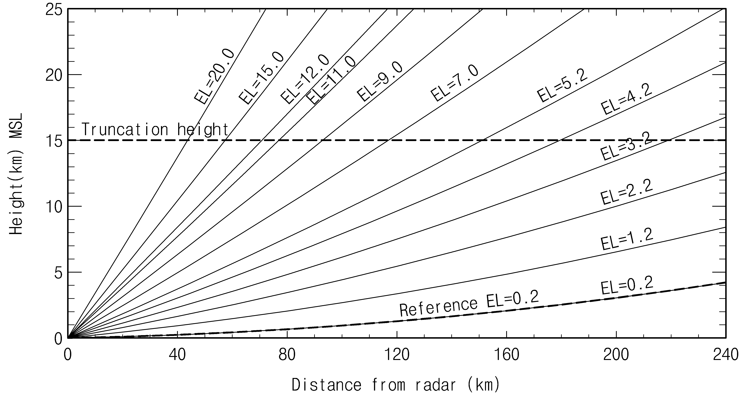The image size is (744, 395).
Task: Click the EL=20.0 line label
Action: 214,76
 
